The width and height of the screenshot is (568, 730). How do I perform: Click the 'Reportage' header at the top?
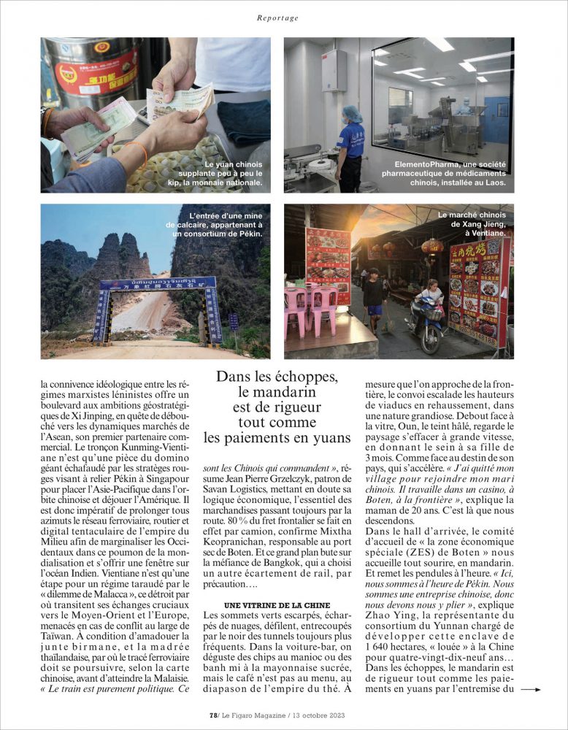(277, 18)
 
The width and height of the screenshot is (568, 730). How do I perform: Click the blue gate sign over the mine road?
(158, 283)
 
